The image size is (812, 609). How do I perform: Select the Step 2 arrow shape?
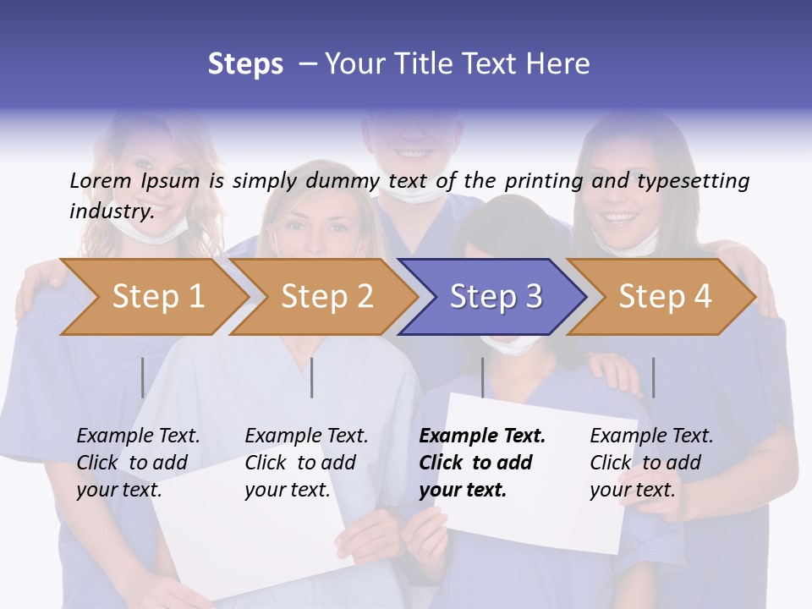click(x=325, y=297)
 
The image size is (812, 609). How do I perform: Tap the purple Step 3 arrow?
click(x=494, y=297)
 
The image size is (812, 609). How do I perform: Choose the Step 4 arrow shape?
click(x=663, y=297)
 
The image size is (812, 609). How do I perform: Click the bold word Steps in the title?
click(x=245, y=64)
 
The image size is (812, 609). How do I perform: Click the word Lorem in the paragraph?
click(x=101, y=180)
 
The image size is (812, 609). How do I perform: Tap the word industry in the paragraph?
click(x=111, y=211)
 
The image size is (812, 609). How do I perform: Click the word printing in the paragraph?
click(x=541, y=180)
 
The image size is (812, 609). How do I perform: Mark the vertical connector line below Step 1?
click(x=143, y=377)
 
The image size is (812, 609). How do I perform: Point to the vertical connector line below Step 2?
click(x=312, y=377)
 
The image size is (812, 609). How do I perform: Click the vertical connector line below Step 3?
click(x=482, y=377)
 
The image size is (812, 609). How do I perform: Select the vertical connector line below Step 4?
click(x=653, y=377)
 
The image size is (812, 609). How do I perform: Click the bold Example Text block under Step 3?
click(x=482, y=463)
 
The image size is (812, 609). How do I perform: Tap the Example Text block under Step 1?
click(x=138, y=463)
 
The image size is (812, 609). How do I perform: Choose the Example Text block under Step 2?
click(x=306, y=463)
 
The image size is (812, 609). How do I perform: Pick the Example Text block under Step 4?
click(x=651, y=463)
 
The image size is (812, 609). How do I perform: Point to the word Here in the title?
click(x=561, y=64)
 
